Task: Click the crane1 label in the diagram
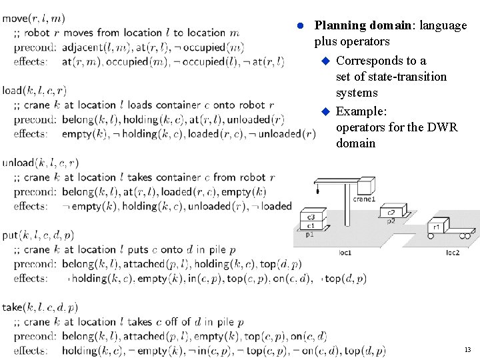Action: coord(364,199)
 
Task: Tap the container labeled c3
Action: coord(311,217)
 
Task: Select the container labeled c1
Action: coord(311,226)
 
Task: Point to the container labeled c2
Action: coord(391,213)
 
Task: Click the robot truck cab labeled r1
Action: coord(437,227)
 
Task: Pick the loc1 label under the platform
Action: coord(345,253)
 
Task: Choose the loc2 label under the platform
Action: coord(453,253)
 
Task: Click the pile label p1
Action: coord(310,235)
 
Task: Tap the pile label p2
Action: coord(391,220)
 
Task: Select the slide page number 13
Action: coord(467,349)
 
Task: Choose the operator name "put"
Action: coord(9,235)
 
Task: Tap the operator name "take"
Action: coord(12,307)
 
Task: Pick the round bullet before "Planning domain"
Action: coord(300,25)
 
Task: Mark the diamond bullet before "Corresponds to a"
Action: coord(326,61)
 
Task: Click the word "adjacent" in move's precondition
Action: coord(82,47)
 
